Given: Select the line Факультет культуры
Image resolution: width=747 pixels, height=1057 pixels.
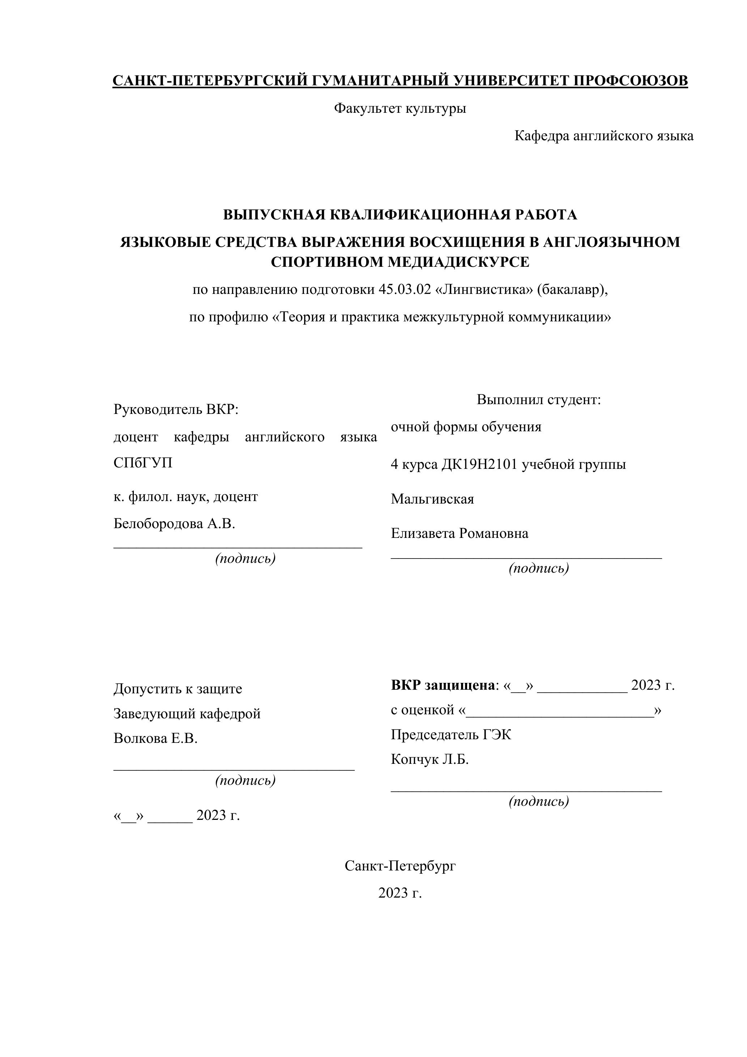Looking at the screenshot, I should (400, 109).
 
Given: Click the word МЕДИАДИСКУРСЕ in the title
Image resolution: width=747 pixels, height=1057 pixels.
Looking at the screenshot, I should (458, 262).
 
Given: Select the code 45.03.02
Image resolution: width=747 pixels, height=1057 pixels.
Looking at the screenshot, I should (404, 290).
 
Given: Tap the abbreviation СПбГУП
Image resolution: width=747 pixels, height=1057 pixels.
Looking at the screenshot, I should (143, 462).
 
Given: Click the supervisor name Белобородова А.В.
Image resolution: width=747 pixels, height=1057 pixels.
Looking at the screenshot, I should (174, 523).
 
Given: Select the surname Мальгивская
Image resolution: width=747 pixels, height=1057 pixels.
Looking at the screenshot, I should (432, 498).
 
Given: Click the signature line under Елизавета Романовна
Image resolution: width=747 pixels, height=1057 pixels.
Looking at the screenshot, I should (526, 558).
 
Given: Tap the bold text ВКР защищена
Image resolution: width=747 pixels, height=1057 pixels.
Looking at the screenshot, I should (443, 685).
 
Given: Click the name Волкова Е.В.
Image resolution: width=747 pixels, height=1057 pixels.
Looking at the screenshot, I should (155, 739).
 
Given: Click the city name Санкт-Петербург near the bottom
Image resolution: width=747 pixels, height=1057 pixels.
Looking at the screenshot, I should (400, 866).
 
